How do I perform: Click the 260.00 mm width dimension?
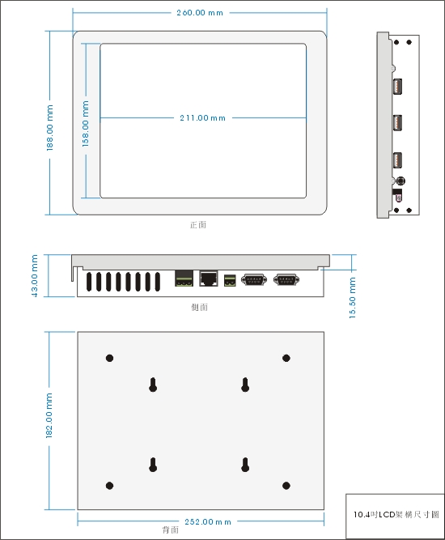(x=200, y=13)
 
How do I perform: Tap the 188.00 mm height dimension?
(x=50, y=128)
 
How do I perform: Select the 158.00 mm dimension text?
(x=85, y=124)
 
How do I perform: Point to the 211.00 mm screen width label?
(x=202, y=117)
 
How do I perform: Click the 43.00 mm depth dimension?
(x=35, y=275)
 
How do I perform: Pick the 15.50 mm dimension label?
(x=353, y=298)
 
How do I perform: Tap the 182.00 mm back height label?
(x=49, y=415)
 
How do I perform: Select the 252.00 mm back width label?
(x=208, y=521)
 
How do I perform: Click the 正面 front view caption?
(x=198, y=224)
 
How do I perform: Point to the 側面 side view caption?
(x=200, y=307)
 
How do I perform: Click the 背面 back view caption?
(x=171, y=529)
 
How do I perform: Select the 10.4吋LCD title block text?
(x=396, y=515)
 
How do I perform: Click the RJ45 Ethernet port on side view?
(x=209, y=279)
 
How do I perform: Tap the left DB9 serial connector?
(x=254, y=279)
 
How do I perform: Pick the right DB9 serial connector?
(x=286, y=279)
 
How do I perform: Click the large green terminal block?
(x=184, y=279)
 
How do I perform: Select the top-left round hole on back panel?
(x=110, y=358)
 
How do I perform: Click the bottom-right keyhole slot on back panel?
(x=245, y=465)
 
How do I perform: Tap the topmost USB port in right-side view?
(x=397, y=86)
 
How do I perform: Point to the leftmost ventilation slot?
(x=89, y=282)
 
